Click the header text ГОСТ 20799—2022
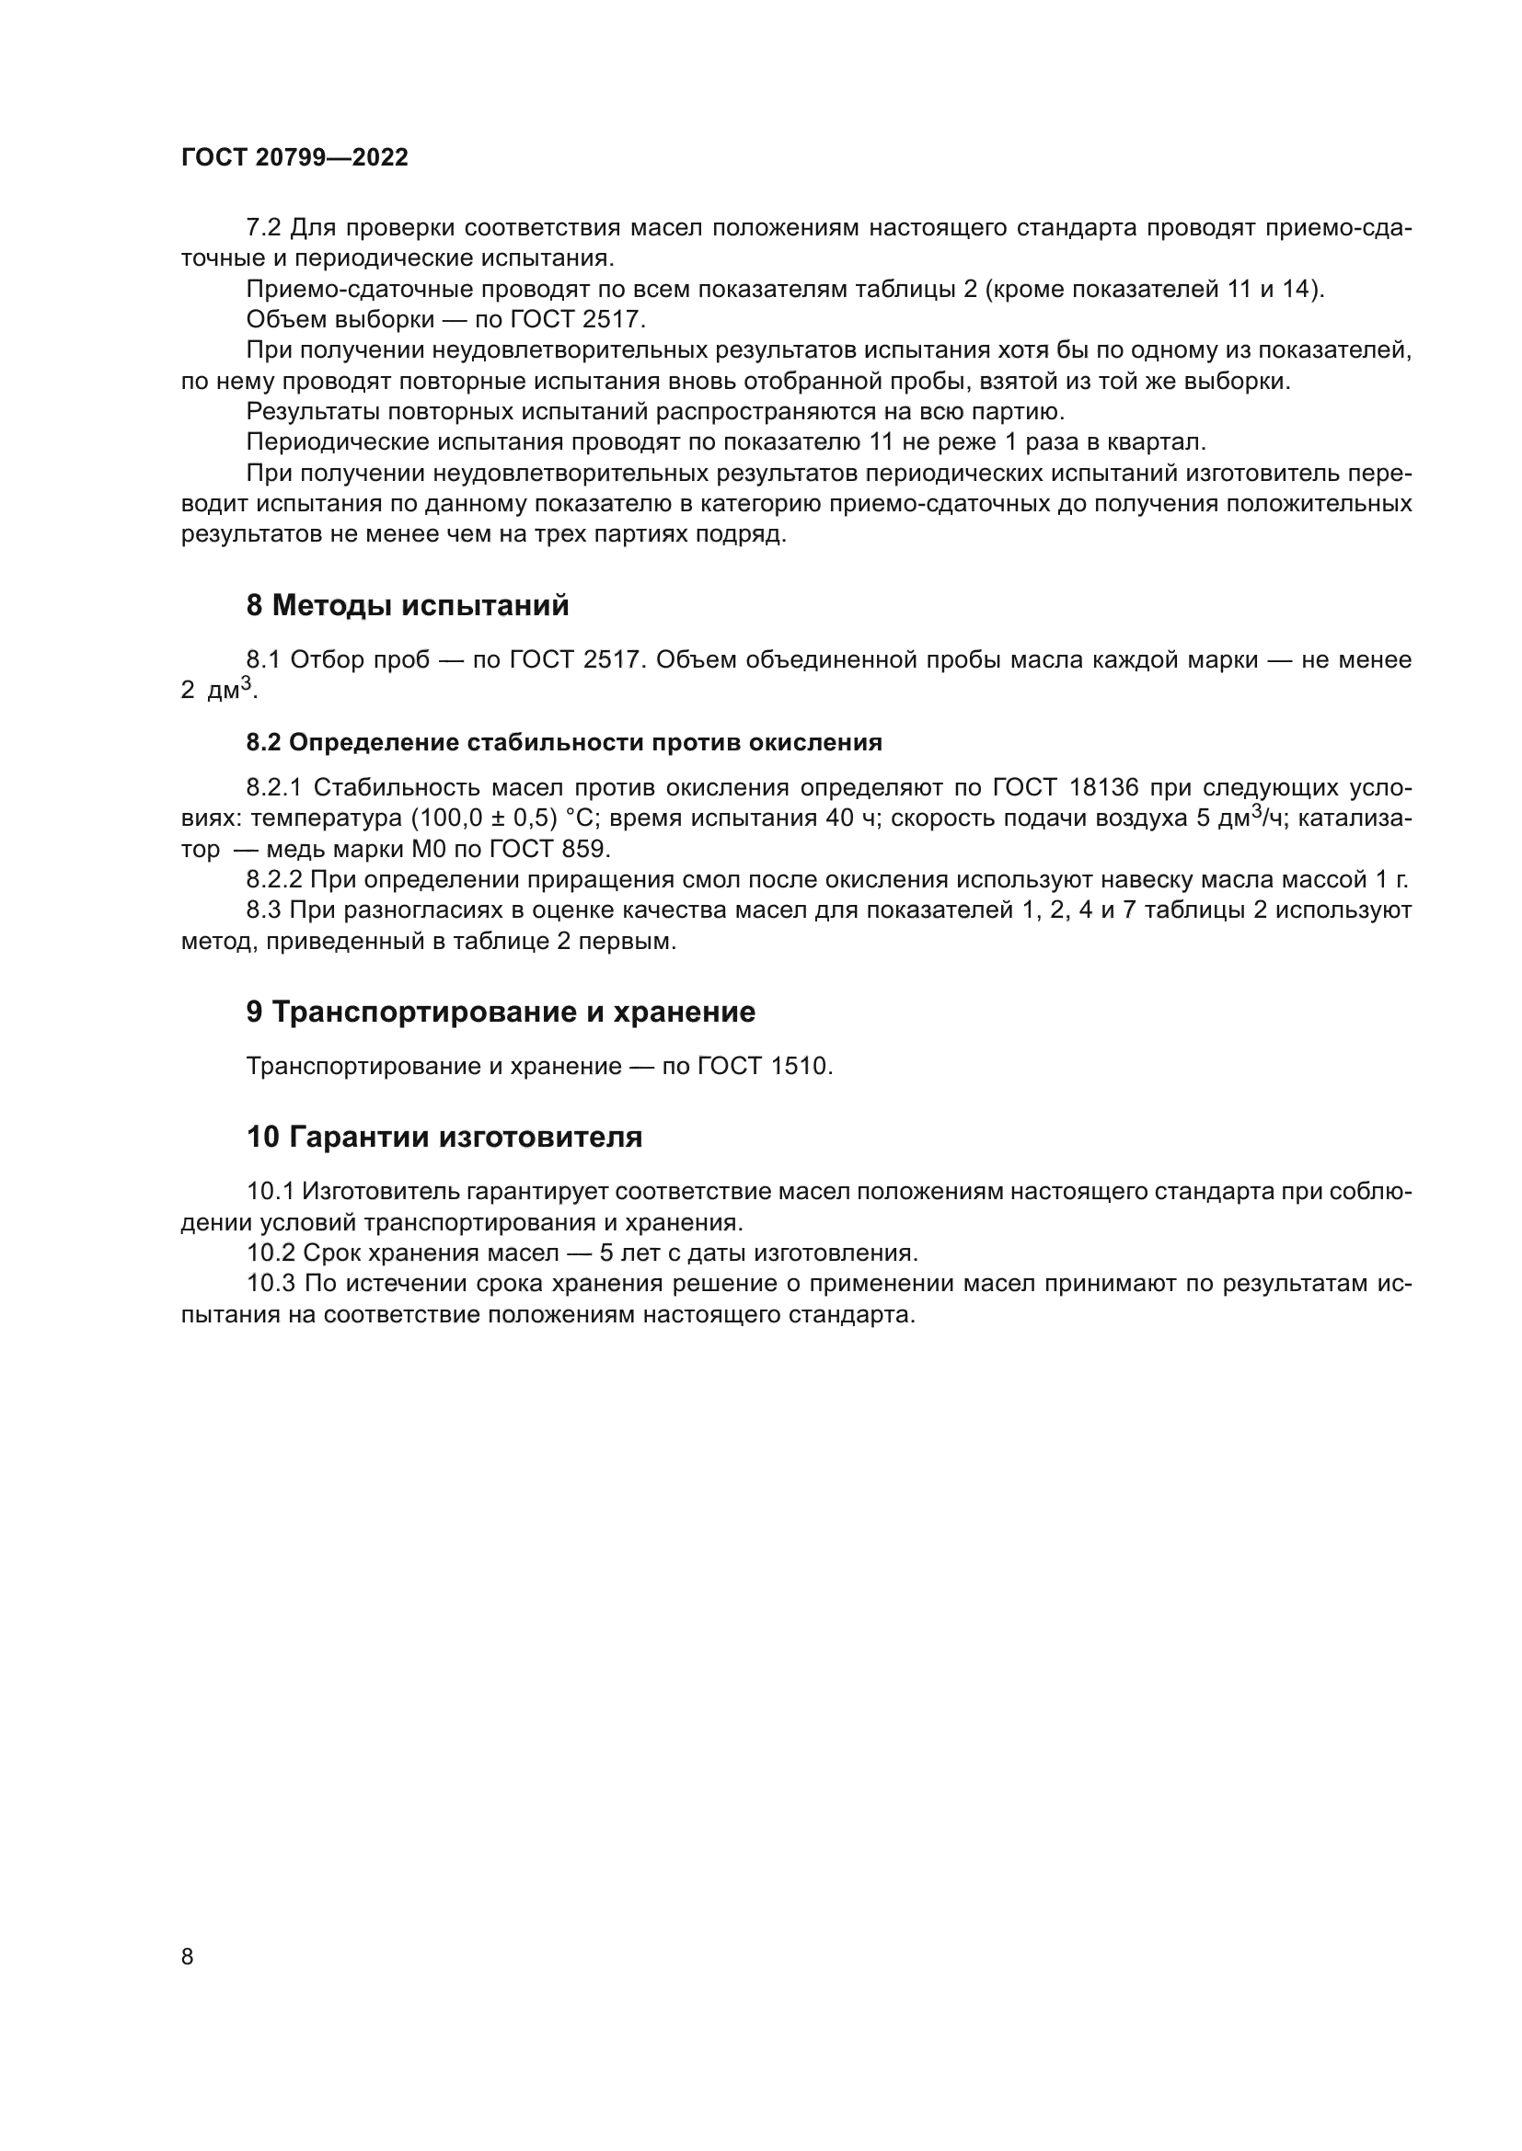click(294, 157)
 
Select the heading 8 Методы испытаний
click(408, 606)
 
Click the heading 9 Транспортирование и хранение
click(501, 1012)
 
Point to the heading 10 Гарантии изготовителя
click(444, 1138)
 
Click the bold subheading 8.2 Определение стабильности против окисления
click(564, 743)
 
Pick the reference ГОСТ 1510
click(765, 1066)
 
